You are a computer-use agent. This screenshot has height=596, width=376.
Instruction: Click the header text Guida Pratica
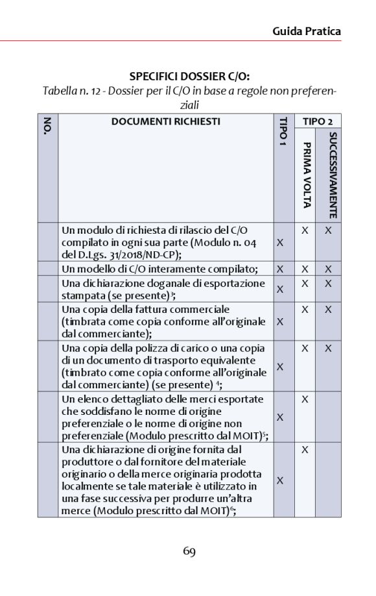[x=306, y=31]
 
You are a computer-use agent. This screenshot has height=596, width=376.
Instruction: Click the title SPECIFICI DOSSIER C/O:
[x=189, y=76]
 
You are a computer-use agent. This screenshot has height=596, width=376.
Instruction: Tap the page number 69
[x=189, y=552]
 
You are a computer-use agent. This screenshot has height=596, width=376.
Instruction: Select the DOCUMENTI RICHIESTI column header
[x=165, y=121]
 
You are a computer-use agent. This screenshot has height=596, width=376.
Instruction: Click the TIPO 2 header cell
[x=317, y=121]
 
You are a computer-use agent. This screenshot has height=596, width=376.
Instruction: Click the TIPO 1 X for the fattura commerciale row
[x=280, y=321]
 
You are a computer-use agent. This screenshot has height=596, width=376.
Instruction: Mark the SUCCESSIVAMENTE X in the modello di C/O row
[x=328, y=269]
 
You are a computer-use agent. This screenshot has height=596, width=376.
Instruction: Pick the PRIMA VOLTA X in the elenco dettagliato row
[x=305, y=398]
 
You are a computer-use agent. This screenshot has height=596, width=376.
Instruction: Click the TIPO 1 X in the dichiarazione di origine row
[x=280, y=480]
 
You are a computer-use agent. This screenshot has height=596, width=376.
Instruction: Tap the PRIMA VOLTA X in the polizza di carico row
[x=305, y=348]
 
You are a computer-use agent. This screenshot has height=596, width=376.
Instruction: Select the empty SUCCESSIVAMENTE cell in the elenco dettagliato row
[x=328, y=417]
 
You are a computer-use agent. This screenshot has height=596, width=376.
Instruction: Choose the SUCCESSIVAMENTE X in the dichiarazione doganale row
[x=328, y=283]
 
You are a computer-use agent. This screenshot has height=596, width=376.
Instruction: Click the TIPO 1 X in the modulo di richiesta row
[x=280, y=242]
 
